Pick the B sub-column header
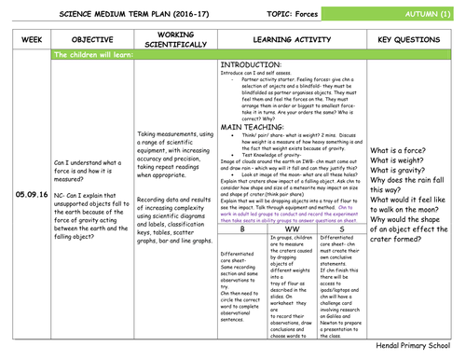coord(241,228)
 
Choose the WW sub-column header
coord(290,228)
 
